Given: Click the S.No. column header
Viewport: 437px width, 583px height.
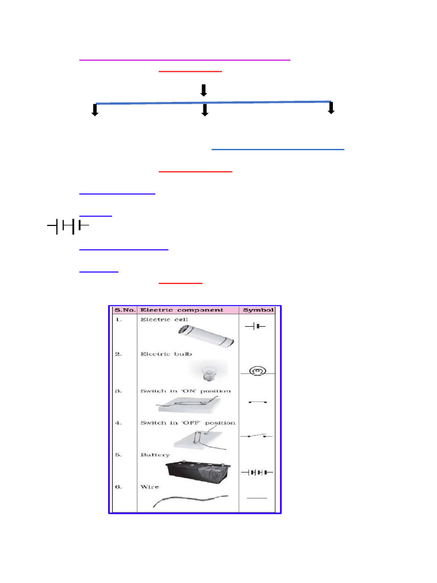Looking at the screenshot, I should (124, 310).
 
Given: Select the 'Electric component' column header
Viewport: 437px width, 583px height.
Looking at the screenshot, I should (182, 310).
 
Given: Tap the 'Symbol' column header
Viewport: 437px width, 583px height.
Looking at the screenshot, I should (259, 310).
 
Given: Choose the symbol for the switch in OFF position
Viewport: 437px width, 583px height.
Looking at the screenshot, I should (258, 436).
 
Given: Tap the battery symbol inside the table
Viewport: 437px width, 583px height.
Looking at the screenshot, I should (258, 472).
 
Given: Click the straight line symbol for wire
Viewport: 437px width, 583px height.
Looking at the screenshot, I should (257, 498).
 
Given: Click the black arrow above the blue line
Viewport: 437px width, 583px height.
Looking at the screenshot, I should (203, 90).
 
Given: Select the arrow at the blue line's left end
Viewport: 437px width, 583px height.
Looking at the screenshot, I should (95, 110).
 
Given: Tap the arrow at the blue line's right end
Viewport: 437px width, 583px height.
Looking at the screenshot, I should (331, 108).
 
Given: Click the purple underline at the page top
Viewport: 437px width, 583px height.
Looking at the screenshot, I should (185, 59).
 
